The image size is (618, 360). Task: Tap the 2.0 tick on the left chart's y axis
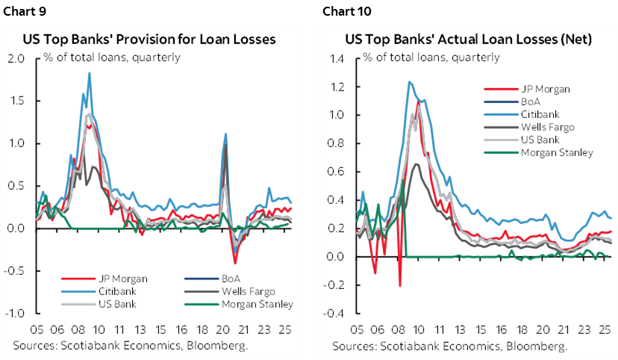16,58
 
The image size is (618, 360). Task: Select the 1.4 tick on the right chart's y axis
337,58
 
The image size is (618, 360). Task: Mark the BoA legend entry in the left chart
237,278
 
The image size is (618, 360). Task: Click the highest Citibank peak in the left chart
90,73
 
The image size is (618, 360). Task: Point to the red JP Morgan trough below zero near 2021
235,263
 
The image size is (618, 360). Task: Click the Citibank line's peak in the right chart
409,82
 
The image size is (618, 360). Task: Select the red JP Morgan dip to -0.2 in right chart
400,285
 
